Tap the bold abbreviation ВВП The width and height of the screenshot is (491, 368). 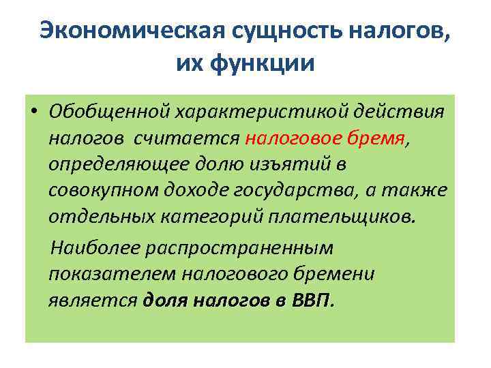click(311, 300)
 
